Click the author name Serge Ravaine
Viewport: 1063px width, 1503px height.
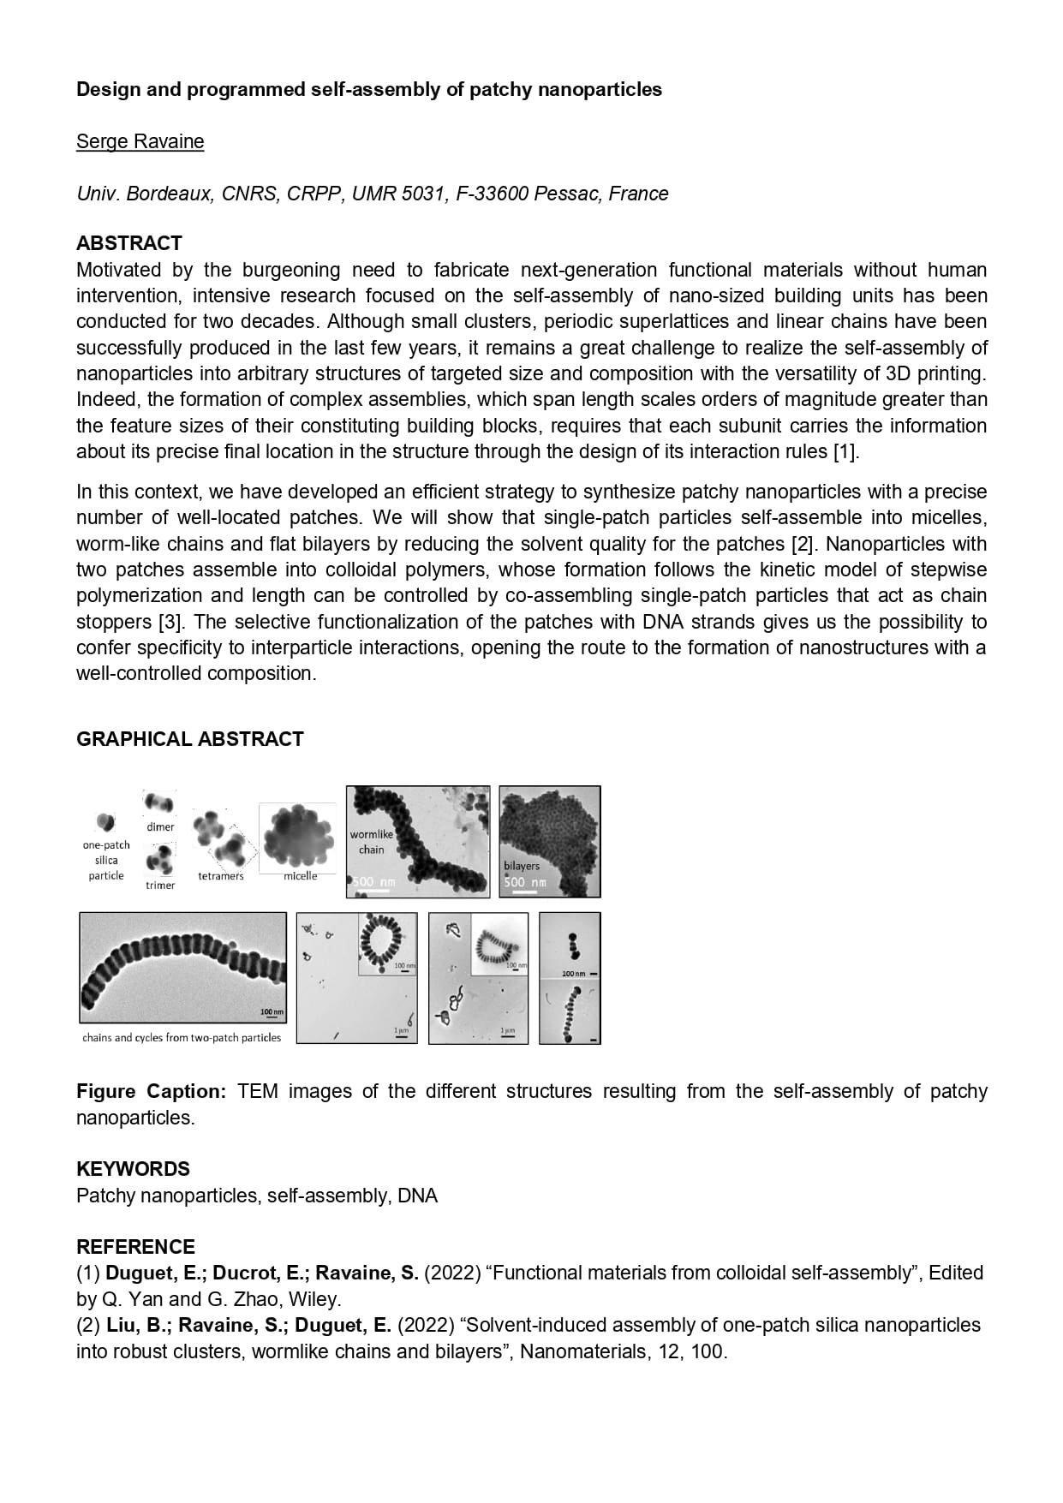140,141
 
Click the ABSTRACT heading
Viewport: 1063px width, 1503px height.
128,243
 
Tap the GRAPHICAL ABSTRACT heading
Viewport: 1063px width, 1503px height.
189,739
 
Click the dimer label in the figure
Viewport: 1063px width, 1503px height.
160,827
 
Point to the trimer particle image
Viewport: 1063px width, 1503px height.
159,858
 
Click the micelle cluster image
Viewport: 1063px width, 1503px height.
297,834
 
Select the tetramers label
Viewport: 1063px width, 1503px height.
220,876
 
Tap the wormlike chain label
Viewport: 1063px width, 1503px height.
371,842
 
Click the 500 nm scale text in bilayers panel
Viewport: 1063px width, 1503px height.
524,882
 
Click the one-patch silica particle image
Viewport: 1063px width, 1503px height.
105,822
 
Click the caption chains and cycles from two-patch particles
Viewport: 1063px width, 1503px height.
182,1038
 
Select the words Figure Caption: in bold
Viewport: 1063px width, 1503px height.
151,1092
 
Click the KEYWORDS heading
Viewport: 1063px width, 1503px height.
133,1169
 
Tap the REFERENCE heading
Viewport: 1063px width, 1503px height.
135,1247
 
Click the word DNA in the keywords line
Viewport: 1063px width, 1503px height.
417,1196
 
